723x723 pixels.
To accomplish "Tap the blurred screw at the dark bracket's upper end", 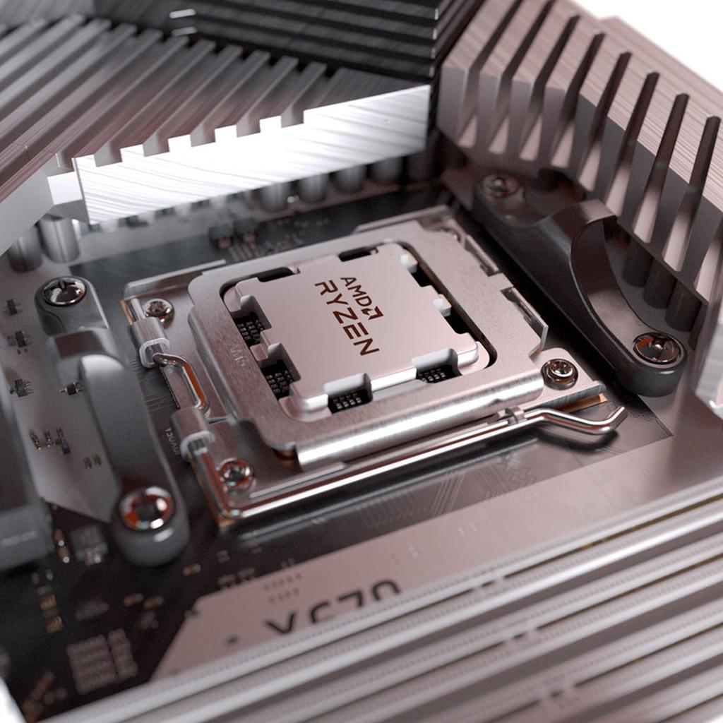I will coord(501,186).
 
